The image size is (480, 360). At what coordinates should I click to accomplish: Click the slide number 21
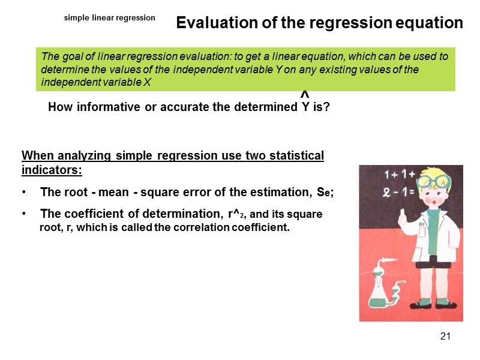445,336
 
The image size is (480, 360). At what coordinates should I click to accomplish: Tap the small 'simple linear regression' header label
110,18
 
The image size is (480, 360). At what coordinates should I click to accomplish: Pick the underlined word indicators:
52,170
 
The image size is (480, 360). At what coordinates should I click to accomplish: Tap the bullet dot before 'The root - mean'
23,193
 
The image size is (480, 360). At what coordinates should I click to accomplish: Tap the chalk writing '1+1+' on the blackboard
396,175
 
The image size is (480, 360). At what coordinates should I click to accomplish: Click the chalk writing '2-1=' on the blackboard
394,193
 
